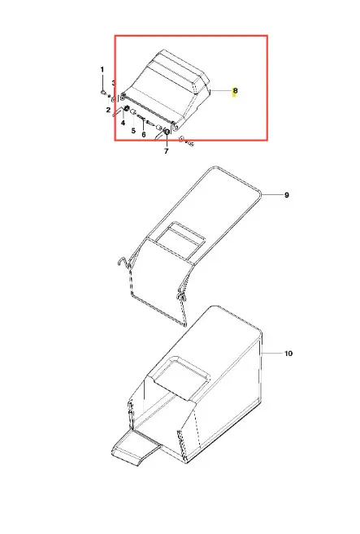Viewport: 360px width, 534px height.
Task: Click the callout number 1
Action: coord(102,69)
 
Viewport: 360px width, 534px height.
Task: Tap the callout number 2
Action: coord(108,110)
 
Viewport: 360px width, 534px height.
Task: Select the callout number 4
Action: coord(123,123)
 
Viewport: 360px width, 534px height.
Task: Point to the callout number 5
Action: coord(133,130)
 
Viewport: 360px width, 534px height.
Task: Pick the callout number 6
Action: coord(144,135)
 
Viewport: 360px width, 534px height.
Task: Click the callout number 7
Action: coord(167,151)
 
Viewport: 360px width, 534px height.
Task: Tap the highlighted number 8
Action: coord(235,90)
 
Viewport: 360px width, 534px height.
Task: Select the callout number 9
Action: coord(287,195)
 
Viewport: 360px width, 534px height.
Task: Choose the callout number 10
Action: coord(288,354)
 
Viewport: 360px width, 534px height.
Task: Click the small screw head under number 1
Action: coord(102,92)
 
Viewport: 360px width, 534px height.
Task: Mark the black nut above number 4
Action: coord(125,110)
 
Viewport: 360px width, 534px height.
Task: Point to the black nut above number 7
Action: coord(167,132)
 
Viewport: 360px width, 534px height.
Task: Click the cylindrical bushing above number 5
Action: coord(133,112)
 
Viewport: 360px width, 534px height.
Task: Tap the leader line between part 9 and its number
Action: coord(271,195)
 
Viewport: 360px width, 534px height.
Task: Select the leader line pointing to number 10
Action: coord(272,354)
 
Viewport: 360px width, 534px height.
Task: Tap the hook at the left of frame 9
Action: coord(123,263)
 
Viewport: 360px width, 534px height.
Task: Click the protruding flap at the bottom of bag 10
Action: coord(136,447)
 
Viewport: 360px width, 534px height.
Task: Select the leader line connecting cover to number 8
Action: coord(221,90)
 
